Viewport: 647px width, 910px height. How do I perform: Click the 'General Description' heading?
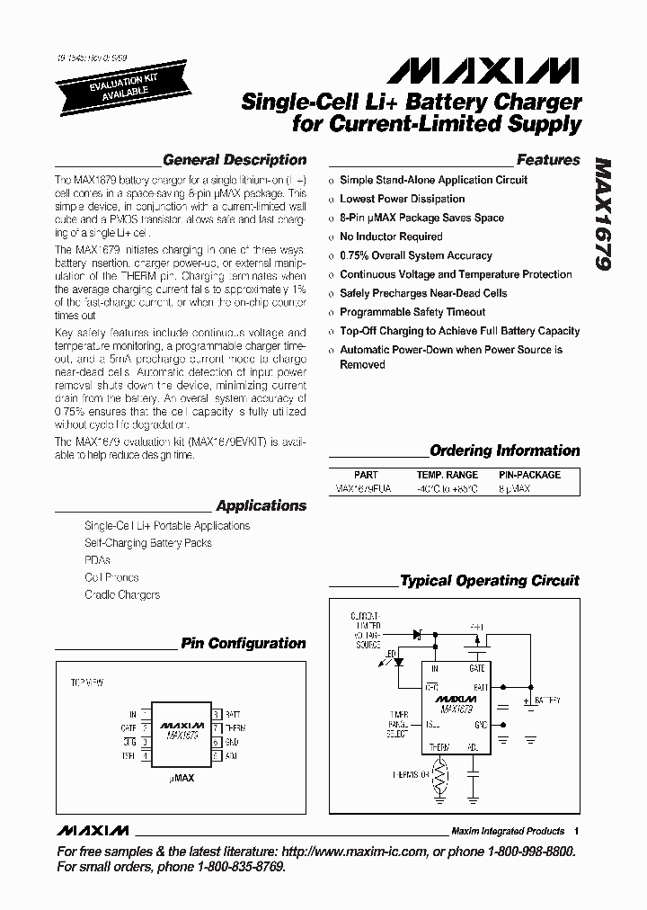tap(235, 160)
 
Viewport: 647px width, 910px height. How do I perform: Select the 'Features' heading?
tap(548, 160)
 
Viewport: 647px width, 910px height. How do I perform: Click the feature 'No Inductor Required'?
tap(391, 236)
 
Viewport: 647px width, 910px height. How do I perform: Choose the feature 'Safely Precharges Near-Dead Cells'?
tap(423, 293)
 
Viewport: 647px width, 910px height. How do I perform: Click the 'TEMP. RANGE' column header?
tap(447, 475)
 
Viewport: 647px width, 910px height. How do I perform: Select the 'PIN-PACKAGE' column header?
tap(529, 475)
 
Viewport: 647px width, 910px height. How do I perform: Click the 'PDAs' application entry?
tap(97, 560)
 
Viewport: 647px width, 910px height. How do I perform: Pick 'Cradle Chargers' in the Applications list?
tap(122, 595)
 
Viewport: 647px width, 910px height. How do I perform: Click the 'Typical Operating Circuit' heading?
tap(489, 581)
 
